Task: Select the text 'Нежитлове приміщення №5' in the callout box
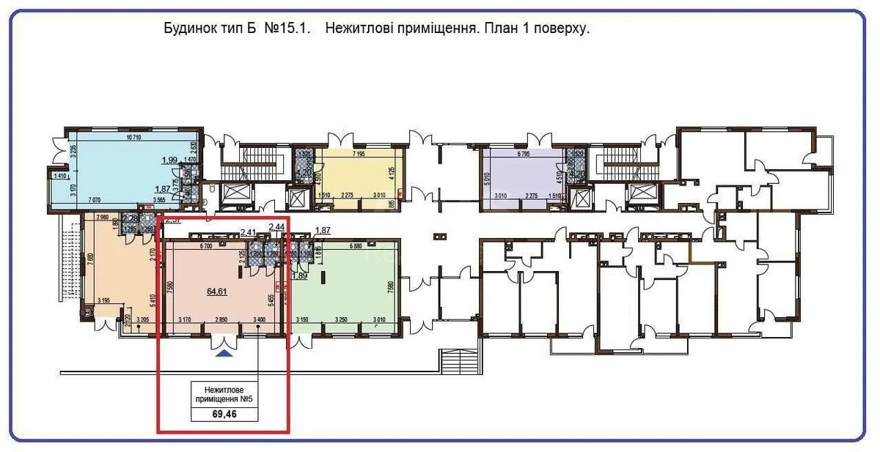(x=224, y=394)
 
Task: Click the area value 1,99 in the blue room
(x=170, y=160)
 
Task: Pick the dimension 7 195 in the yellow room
(x=360, y=155)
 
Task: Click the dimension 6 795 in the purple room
(x=524, y=155)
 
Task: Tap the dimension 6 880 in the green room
(x=359, y=246)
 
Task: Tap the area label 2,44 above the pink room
(x=276, y=227)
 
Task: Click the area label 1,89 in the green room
(x=298, y=275)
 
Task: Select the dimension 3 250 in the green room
(x=341, y=320)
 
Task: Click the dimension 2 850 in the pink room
(x=222, y=320)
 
